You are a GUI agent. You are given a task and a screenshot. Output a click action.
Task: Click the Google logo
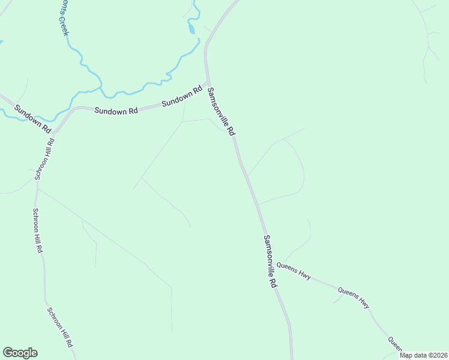(20, 353)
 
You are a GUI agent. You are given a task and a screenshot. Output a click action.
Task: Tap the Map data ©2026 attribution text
(423, 355)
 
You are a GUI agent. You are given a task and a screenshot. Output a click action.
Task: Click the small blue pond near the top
(191, 28)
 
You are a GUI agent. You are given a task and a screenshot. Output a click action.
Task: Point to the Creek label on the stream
(61, 26)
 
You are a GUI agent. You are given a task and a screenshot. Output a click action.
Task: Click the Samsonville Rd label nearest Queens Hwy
(270, 261)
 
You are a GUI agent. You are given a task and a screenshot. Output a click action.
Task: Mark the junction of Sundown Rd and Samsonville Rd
(208, 83)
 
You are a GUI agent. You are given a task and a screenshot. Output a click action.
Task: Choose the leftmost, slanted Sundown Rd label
(33, 119)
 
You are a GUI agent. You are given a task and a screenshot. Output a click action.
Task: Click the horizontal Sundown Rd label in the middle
(116, 110)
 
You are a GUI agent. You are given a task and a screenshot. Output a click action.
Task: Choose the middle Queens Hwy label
(354, 298)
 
